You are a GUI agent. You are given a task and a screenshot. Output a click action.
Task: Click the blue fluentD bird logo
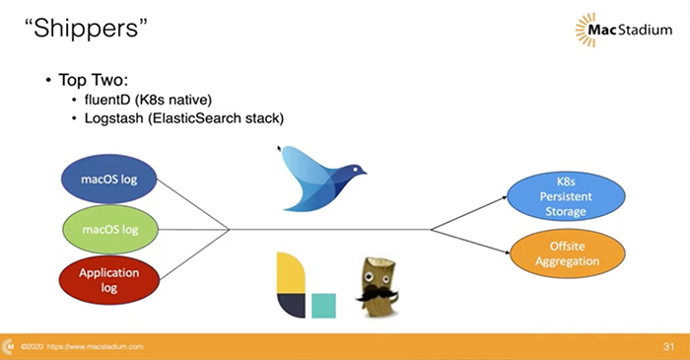pos(317,176)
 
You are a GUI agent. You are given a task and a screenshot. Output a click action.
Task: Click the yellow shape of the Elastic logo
pos(288,273)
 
